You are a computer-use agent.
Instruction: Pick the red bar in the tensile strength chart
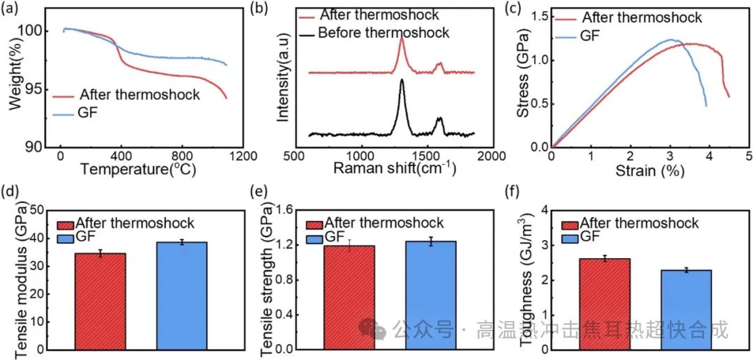pyautogui.click(x=349, y=297)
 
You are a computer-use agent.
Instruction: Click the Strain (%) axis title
pyautogui.click(x=648, y=170)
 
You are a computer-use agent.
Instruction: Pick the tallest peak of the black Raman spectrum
pyautogui.click(x=402, y=80)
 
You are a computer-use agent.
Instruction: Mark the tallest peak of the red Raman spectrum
pyautogui.click(x=402, y=39)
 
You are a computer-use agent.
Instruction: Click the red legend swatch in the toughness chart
pyautogui.click(x=570, y=225)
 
